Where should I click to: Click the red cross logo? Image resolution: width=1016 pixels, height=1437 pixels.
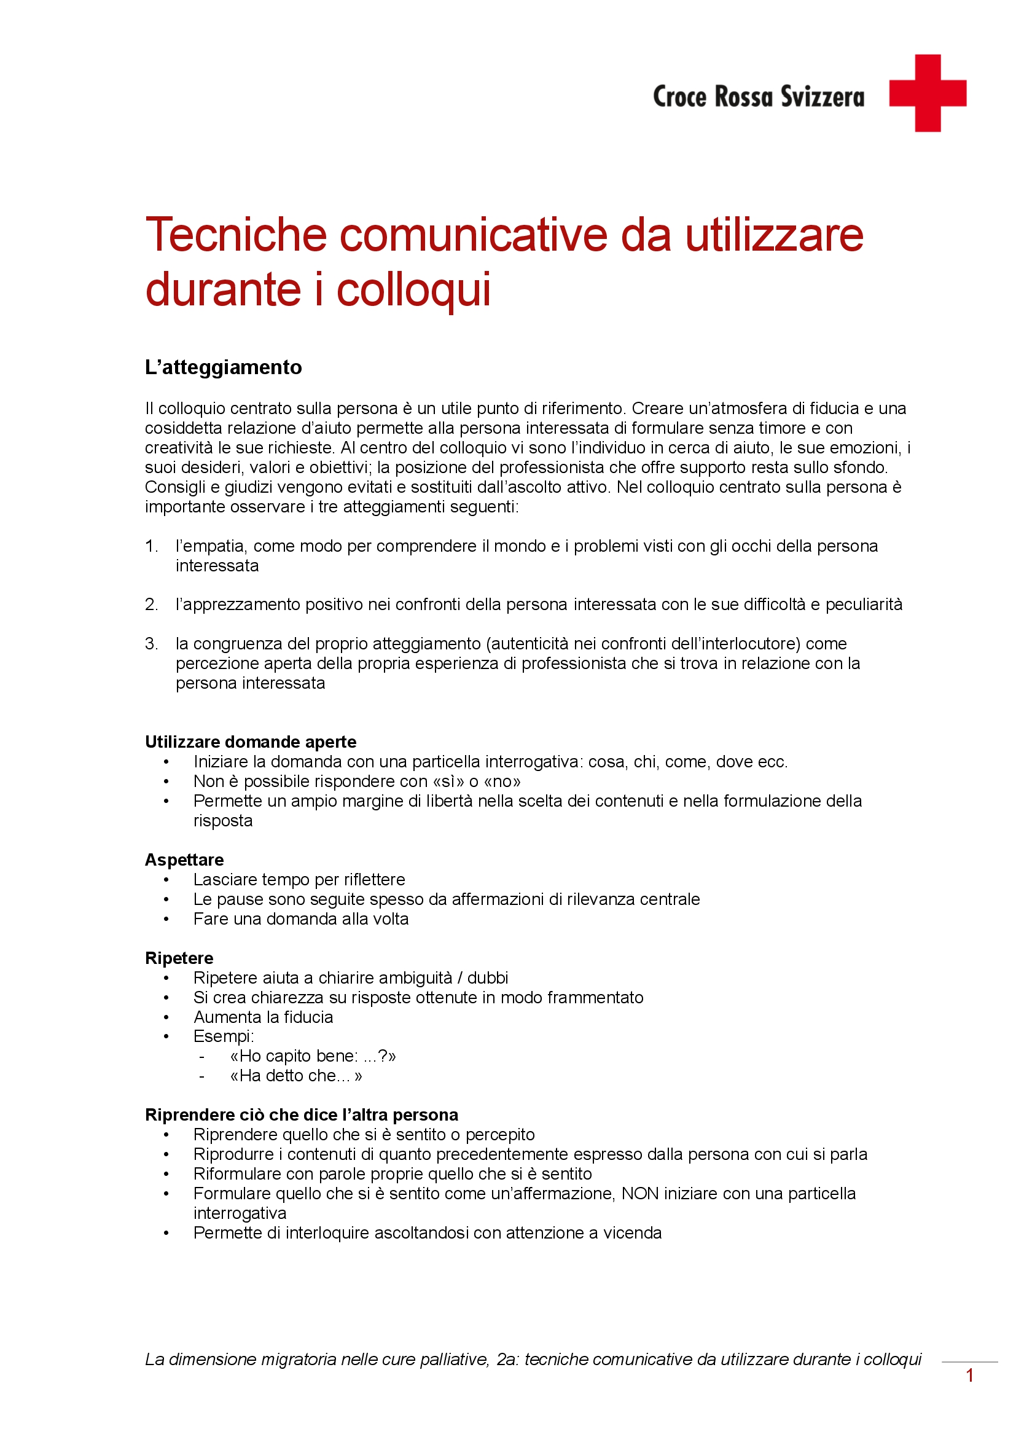(x=927, y=93)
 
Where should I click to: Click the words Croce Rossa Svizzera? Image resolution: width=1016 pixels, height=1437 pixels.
(x=758, y=97)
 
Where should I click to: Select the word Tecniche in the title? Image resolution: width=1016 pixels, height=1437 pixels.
(x=236, y=235)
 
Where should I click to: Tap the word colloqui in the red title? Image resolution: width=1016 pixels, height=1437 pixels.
(x=413, y=290)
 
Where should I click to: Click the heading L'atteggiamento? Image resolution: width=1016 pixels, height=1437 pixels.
(x=224, y=367)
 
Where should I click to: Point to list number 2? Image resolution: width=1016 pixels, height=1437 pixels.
(x=151, y=605)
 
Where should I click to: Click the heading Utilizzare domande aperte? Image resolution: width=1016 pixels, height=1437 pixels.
(x=250, y=742)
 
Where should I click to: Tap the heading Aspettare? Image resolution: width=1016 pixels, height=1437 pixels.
(x=184, y=860)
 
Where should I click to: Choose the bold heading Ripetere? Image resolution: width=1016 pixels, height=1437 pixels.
(x=179, y=958)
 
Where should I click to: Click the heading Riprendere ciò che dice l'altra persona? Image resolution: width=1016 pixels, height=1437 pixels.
(x=302, y=1114)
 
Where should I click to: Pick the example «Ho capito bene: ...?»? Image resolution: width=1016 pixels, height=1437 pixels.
(x=313, y=1057)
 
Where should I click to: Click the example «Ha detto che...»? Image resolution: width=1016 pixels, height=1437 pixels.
(x=296, y=1076)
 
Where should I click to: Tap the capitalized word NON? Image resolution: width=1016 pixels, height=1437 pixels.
(x=640, y=1194)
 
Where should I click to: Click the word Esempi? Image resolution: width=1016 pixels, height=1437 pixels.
(x=224, y=1036)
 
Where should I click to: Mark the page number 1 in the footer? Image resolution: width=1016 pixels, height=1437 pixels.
(x=970, y=1376)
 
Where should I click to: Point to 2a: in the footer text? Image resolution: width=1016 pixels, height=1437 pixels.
(x=508, y=1360)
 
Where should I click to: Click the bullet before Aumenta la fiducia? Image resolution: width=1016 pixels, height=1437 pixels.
(x=166, y=1017)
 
